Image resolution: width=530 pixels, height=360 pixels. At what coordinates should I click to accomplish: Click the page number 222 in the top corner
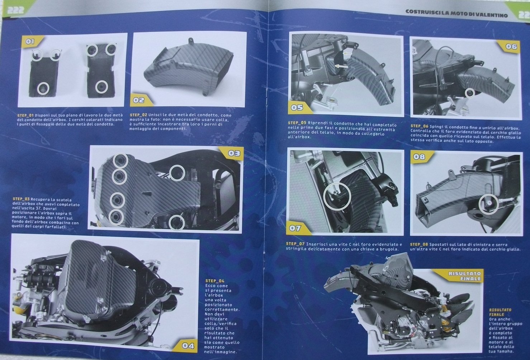pos(16,10)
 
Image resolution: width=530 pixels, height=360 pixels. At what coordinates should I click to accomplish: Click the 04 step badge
pos(187,346)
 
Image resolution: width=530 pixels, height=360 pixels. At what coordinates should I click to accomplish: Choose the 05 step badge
pos(297,108)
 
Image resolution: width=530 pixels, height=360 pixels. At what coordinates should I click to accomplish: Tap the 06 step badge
pos(511,47)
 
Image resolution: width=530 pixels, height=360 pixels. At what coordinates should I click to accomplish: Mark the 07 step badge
pos(296,228)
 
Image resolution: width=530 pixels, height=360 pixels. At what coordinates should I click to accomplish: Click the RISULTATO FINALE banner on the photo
pos(464,276)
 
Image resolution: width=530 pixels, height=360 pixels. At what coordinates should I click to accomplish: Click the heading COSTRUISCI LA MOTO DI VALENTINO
pos(456,14)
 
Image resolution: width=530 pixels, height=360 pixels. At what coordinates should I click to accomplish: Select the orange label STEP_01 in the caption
pos(25,115)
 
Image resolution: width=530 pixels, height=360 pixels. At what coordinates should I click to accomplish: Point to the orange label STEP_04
pos(214,281)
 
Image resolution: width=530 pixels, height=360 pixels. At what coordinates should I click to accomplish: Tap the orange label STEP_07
pos(295,244)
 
